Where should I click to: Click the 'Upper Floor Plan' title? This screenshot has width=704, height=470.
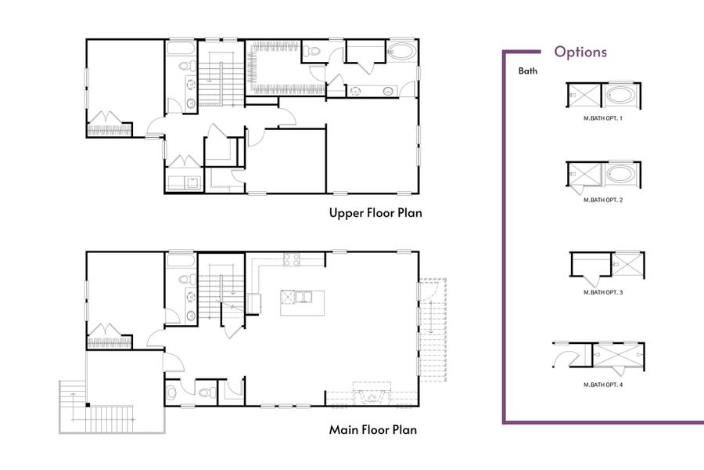point(375,213)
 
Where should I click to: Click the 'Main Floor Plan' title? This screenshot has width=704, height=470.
point(373,429)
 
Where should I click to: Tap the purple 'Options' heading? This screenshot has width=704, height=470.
point(580,52)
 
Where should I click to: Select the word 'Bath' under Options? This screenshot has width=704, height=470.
point(528,71)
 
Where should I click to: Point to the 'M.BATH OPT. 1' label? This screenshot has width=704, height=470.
point(603,118)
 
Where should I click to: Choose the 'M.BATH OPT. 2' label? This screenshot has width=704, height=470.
point(603,201)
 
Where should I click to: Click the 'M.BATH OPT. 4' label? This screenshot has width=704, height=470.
point(603,385)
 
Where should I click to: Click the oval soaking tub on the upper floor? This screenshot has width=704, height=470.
point(402,53)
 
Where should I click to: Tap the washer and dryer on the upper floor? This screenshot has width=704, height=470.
point(185,183)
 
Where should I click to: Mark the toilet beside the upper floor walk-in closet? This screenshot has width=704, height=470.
point(314,51)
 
